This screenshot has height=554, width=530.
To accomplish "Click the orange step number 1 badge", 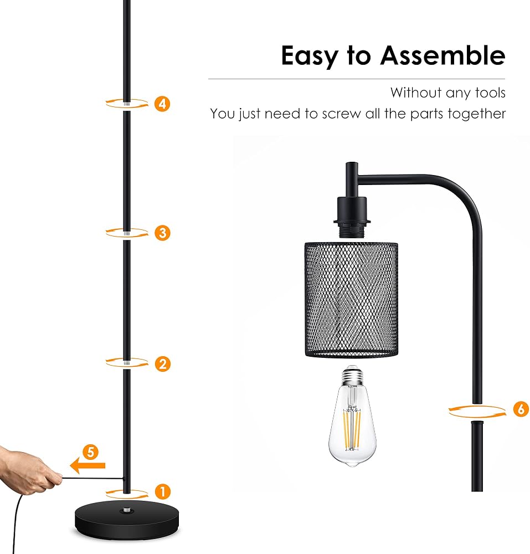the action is click(x=162, y=491).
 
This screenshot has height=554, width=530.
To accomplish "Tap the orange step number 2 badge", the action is click(x=162, y=364).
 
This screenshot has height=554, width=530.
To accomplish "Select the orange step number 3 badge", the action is click(x=162, y=233).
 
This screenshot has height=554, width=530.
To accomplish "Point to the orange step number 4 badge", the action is click(x=162, y=104).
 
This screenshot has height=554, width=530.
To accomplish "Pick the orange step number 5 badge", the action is click(x=91, y=452).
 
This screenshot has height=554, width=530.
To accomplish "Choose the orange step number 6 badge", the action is click(x=521, y=409).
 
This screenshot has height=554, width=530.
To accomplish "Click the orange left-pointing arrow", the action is click(x=88, y=466).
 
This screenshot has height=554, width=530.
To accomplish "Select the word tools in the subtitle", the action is click(x=491, y=93).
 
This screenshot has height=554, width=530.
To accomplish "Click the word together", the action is click(x=477, y=114).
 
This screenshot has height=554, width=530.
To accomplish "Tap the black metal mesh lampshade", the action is click(x=351, y=300).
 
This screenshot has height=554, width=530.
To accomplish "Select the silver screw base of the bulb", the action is click(x=352, y=375).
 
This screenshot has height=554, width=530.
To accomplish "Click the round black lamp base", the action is click(x=127, y=520).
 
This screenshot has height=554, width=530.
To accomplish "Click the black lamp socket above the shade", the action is click(x=352, y=217).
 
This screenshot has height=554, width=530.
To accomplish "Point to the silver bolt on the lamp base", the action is click(x=127, y=510).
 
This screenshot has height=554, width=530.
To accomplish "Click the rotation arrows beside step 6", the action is click(x=477, y=412).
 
